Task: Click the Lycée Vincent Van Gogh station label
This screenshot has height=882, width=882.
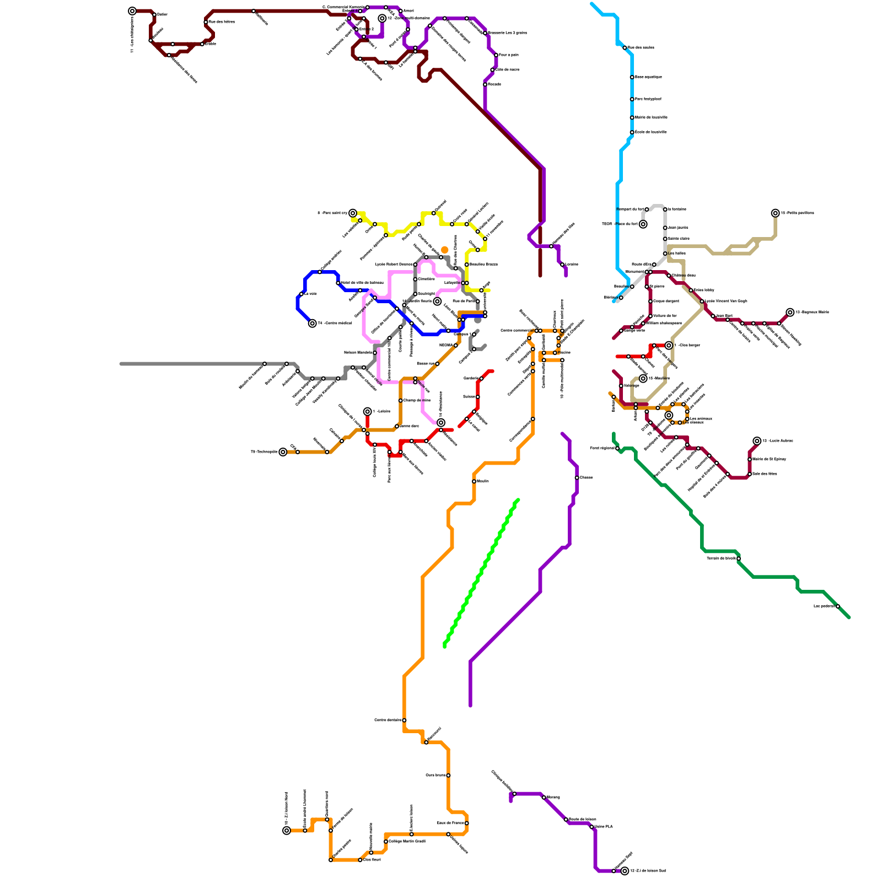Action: pos(726,301)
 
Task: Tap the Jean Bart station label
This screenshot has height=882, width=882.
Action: pos(724,316)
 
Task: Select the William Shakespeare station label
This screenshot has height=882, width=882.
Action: pos(664,323)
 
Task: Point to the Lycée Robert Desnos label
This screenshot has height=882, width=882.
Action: pos(394,265)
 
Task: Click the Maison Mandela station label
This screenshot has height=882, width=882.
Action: pos(358,352)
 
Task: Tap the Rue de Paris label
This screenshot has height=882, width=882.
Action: pos(464,301)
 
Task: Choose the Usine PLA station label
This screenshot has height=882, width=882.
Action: pos(604,827)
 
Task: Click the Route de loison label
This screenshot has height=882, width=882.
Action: pos(583,819)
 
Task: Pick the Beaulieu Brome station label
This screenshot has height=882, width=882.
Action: pos(483,265)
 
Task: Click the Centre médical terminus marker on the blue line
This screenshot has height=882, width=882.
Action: pos(313,324)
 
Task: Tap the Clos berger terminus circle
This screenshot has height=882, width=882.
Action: pos(669,346)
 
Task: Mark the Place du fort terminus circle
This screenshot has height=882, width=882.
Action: pos(643,224)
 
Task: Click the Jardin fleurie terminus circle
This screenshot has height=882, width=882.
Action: pos(437,302)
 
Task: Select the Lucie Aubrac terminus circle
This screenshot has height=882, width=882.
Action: pos(757,441)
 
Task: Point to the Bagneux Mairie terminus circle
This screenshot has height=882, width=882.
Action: pos(790,313)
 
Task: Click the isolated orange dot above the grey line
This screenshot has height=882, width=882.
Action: pos(445,250)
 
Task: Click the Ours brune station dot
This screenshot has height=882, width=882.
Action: pos(448,776)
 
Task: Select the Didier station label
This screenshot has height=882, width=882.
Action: pos(162,14)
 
